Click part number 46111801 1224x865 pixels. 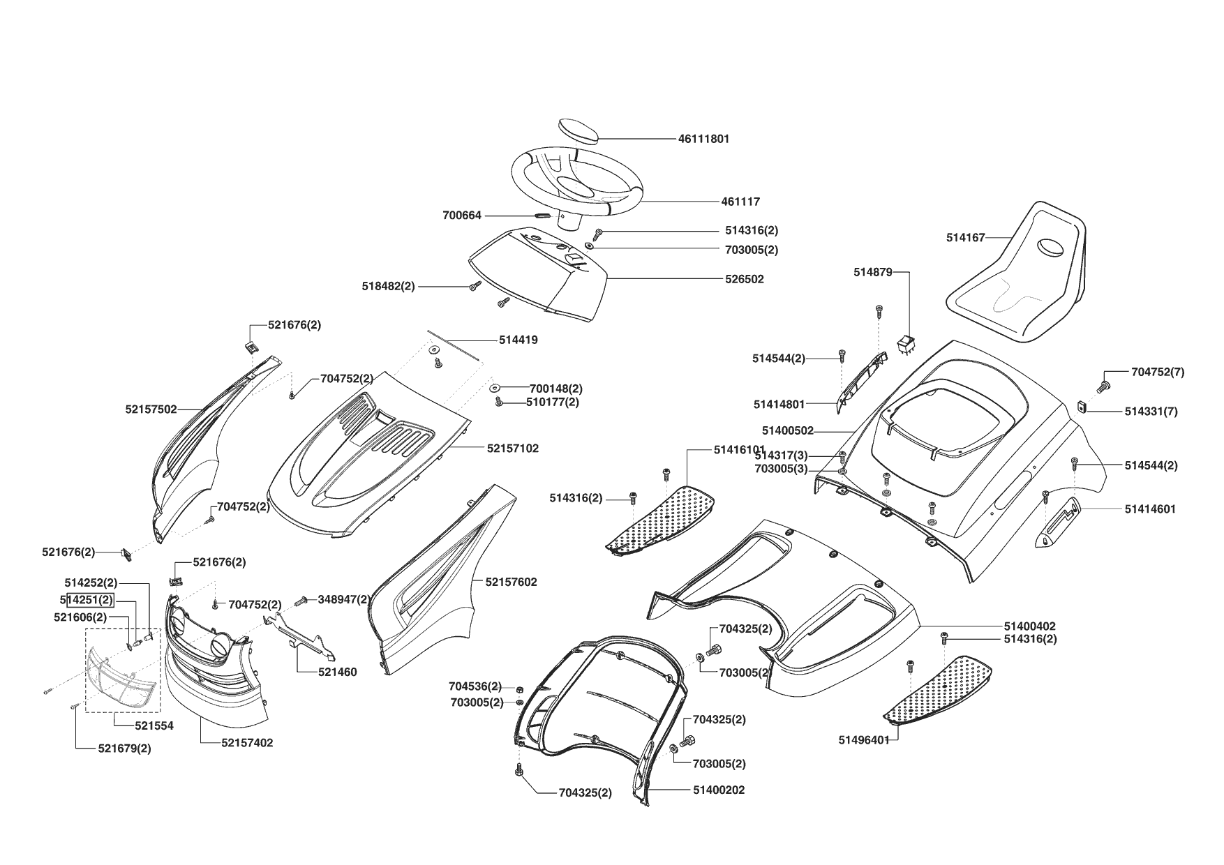click(703, 139)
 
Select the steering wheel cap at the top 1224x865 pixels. click(579, 130)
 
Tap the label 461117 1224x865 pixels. click(740, 202)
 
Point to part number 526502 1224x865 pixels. click(744, 279)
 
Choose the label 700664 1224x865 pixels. click(462, 216)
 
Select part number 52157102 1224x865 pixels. click(512, 449)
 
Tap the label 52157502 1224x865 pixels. click(151, 409)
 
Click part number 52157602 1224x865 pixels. click(511, 582)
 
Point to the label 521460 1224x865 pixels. click(337, 672)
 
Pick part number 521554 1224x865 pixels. click(154, 725)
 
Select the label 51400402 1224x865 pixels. click(1029, 626)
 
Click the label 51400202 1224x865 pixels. click(719, 790)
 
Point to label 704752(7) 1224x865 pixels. click(1157, 373)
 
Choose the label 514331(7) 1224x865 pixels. click(1151, 412)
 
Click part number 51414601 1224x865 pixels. click(1150, 509)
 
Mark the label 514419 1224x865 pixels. click(518, 340)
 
